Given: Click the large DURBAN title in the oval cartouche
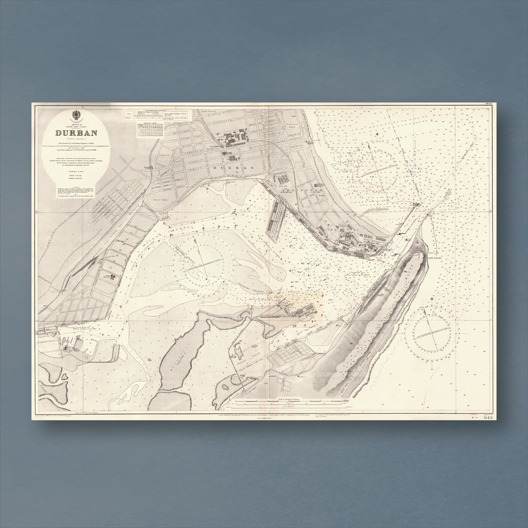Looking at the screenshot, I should tap(77, 133).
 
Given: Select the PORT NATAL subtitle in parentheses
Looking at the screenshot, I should tap(77, 139).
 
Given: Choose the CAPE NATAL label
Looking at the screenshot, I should tap(434, 258).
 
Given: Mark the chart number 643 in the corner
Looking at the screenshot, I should tap(488, 418).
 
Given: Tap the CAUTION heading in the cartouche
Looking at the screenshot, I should tap(76, 187).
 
